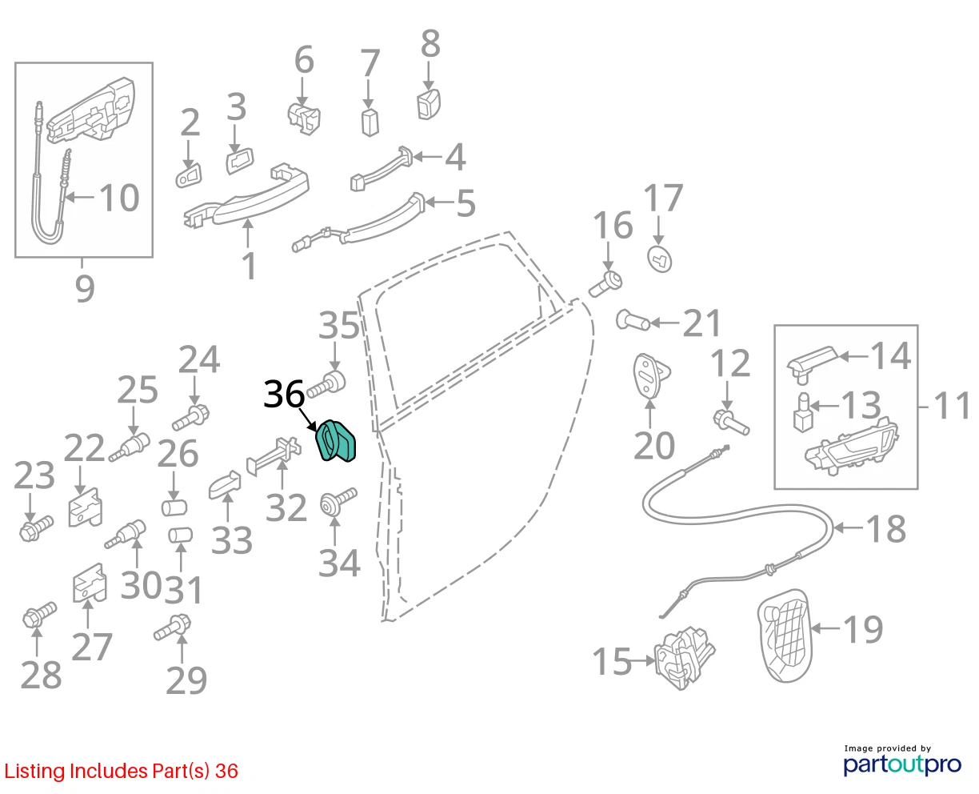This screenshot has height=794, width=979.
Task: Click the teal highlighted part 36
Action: pyautogui.click(x=335, y=441)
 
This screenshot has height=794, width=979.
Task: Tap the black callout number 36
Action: pyautogui.click(x=284, y=395)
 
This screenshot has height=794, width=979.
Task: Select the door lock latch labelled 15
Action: pyautogui.click(x=685, y=659)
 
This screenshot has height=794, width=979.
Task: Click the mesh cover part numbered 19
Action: pyautogui.click(x=785, y=636)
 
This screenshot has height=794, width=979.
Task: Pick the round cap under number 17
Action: pyautogui.click(x=659, y=259)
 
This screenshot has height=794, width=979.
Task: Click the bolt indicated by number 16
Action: pyautogui.click(x=606, y=284)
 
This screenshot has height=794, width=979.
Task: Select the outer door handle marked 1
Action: pyautogui.click(x=246, y=196)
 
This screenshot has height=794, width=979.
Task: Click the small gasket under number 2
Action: pyautogui.click(x=189, y=174)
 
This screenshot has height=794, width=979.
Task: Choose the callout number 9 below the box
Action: pyautogui.click(x=85, y=288)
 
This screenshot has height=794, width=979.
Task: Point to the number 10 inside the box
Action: pyautogui.click(x=119, y=198)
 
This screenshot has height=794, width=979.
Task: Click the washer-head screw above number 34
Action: pyautogui.click(x=338, y=502)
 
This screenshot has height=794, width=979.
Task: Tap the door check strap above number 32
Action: pyautogui.click(x=274, y=455)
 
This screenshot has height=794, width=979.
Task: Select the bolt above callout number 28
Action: pyautogui.click(x=39, y=614)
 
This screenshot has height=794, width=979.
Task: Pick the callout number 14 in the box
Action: pyautogui.click(x=891, y=355)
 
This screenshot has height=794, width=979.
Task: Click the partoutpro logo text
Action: pyautogui.click(x=902, y=764)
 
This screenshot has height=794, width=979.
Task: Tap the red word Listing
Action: pyautogui.click(x=34, y=771)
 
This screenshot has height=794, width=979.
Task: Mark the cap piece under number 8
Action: pyautogui.click(x=429, y=104)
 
